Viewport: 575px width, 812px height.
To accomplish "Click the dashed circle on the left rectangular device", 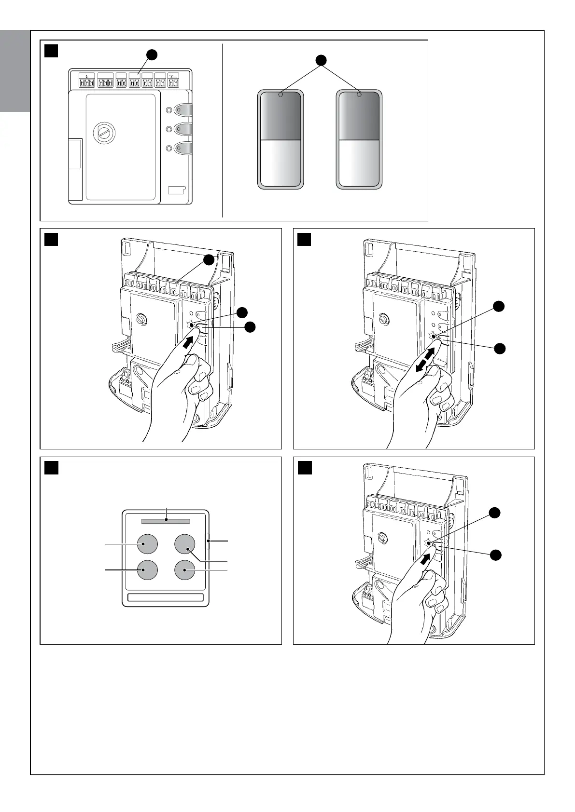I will tap(280, 95).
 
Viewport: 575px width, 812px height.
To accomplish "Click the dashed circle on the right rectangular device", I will tap(359, 95).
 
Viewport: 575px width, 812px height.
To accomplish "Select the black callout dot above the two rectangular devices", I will tap(320, 60).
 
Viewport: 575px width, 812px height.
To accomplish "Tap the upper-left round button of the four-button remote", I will tap(147, 544).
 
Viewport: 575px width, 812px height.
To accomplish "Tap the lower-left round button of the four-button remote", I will tap(147, 570).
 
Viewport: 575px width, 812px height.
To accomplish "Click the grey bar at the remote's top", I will tap(165, 521).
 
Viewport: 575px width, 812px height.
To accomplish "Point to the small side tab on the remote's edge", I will tap(208, 541).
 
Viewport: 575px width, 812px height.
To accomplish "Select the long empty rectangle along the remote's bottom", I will tap(165, 598).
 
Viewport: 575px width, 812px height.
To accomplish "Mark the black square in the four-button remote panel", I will tap(52, 468).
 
